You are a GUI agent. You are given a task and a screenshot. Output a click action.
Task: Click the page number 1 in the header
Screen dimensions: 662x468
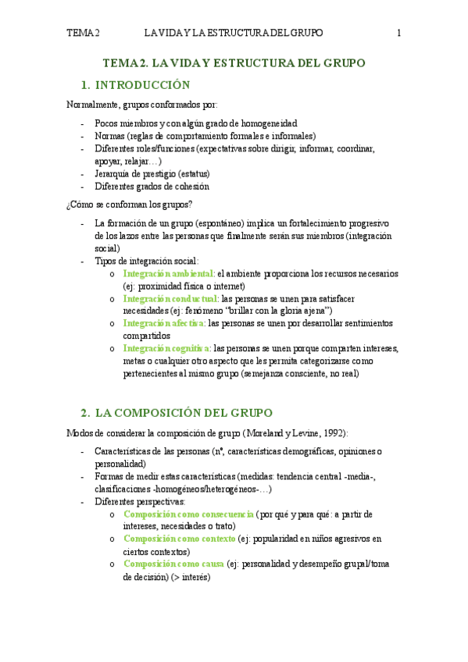point(398,33)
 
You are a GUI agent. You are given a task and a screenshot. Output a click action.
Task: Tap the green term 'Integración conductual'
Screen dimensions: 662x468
point(171,298)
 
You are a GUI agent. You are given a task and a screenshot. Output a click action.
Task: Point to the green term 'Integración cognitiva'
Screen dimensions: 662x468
point(167,348)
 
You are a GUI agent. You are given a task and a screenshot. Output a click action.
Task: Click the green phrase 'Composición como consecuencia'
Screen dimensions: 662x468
point(188,514)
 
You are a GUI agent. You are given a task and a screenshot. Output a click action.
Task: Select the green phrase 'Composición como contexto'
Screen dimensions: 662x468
point(180,539)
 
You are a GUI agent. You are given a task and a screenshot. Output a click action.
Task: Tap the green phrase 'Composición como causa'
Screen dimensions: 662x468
point(173,563)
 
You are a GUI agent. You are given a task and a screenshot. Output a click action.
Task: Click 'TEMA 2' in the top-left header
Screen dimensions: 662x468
point(84,33)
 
